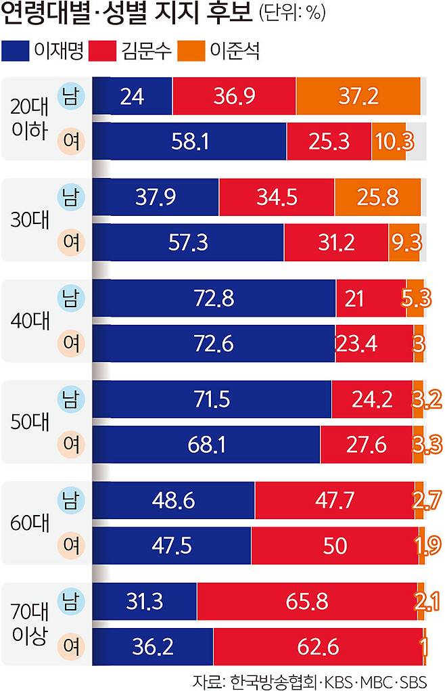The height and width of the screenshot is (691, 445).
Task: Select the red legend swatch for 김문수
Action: tap(110, 50)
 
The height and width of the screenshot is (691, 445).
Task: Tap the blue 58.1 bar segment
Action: tap(189, 141)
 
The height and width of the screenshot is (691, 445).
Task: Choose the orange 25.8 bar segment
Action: tap(377, 198)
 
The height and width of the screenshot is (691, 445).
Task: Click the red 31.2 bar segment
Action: tap(336, 242)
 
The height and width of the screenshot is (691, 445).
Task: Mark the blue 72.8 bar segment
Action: tap(214, 298)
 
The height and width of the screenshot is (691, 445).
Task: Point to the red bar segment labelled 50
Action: tap(334, 545)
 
